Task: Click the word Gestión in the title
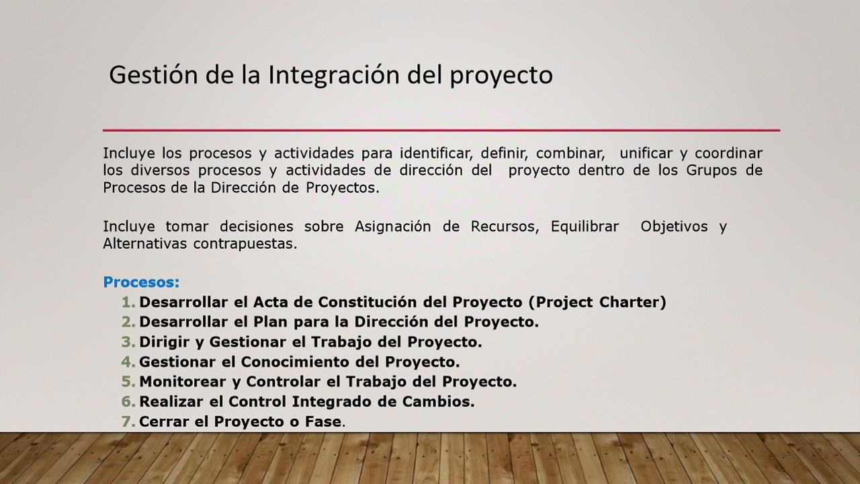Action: (x=154, y=75)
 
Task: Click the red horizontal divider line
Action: (x=441, y=130)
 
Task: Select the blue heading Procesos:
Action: (x=141, y=282)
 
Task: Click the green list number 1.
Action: (x=128, y=302)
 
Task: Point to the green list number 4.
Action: (x=128, y=362)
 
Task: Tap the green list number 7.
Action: (x=128, y=421)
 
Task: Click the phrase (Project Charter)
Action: (x=597, y=302)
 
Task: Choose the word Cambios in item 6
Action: (x=439, y=402)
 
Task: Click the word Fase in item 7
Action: (x=323, y=421)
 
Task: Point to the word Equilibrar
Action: (x=585, y=227)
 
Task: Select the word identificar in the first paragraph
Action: (x=436, y=153)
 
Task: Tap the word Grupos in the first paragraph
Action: (x=712, y=171)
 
